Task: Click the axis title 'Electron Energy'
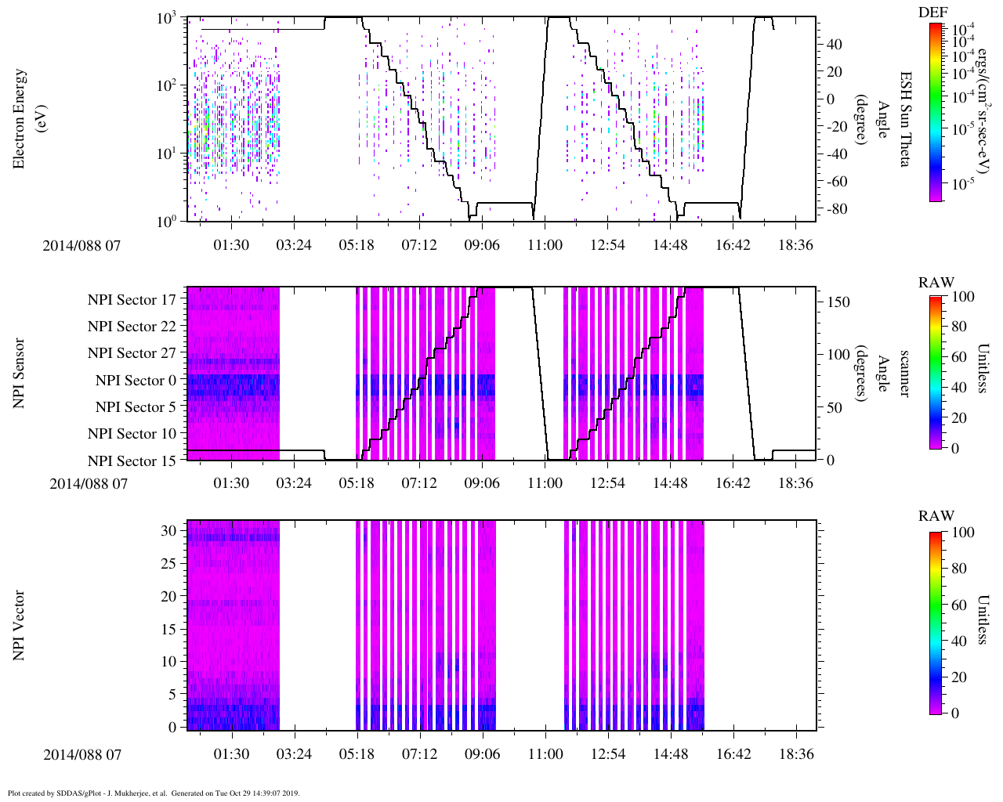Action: [20, 119]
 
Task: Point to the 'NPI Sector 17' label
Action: [132, 299]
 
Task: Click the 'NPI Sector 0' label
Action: [136, 381]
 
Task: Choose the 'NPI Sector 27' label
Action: [132, 353]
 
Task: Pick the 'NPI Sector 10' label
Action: [132, 434]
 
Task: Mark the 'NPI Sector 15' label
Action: [132, 461]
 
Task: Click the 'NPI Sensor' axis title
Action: [20, 374]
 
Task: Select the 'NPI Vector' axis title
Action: [20, 626]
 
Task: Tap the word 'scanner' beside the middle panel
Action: [903, 373]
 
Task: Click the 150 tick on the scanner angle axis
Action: [838, 302]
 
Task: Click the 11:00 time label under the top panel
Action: [545, 245]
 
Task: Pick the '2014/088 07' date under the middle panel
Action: [88, 483]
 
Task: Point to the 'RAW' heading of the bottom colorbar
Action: [936, 516]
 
